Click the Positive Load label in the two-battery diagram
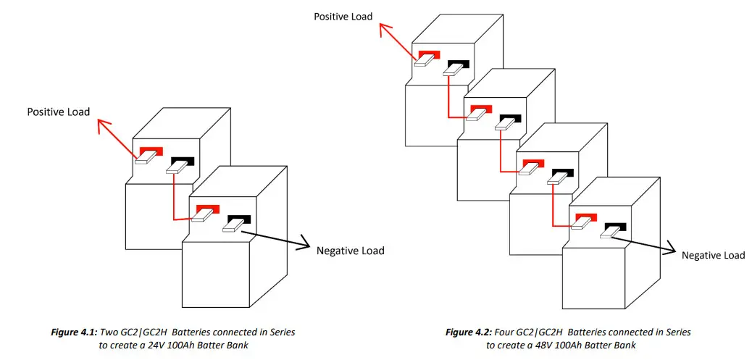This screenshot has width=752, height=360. tap(59, 112)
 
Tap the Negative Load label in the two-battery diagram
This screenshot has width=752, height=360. tap(350, 251)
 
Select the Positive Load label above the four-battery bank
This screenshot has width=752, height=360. tap(343, 16)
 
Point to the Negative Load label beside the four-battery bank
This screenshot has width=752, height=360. tap(713, 255)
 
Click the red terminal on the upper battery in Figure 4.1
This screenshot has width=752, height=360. tap(151, 152)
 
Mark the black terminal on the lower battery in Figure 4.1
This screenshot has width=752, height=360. tap(240, 219)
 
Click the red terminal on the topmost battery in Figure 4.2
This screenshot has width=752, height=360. tap(429, 56)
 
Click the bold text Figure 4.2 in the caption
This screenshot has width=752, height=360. tap(467, 332)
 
